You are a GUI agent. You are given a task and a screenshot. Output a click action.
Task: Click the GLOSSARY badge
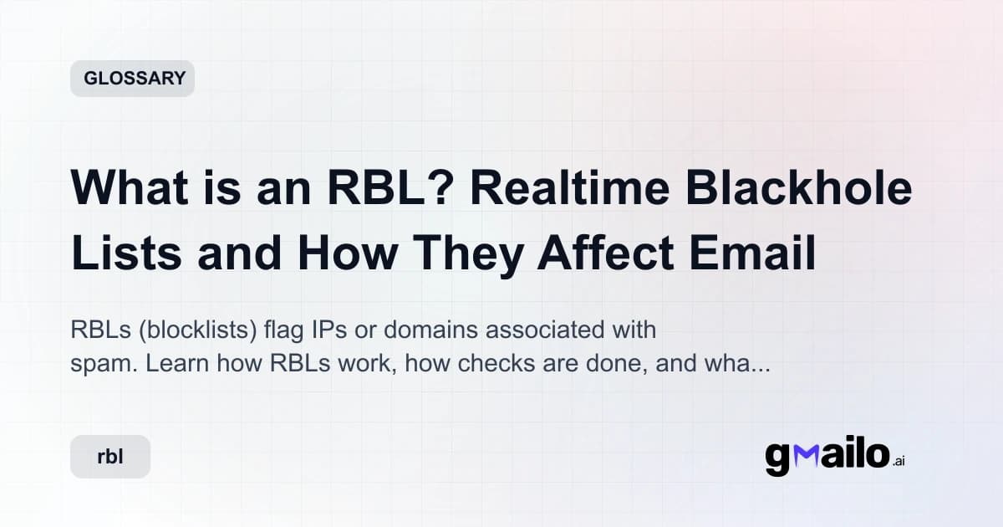[133, 79]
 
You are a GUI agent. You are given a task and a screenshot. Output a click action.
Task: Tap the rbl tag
[110, 458]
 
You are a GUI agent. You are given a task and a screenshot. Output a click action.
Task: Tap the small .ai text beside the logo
[899, 461]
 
